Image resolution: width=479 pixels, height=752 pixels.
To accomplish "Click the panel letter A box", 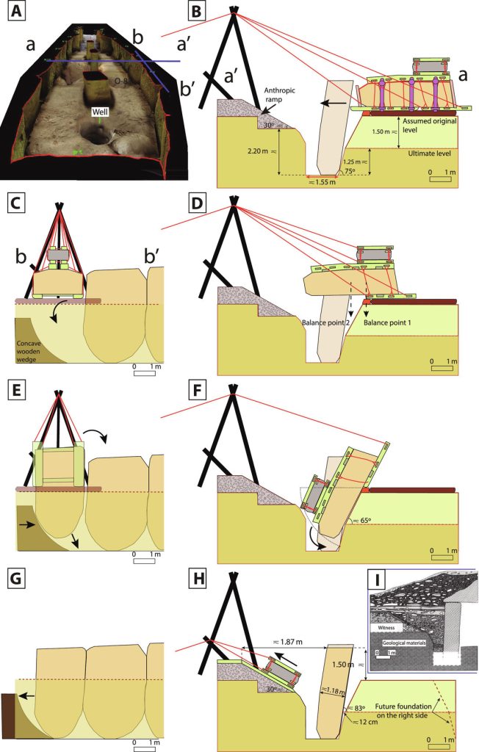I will tap(14, 12).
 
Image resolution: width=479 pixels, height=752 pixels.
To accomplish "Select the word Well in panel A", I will tap(100, 112).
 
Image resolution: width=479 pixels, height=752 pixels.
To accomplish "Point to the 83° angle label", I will tap(359, 707).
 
